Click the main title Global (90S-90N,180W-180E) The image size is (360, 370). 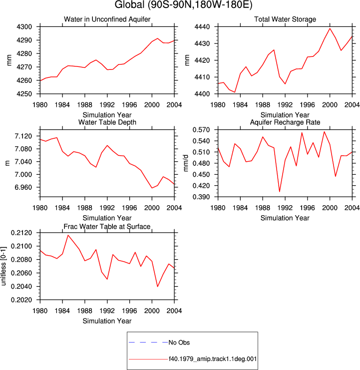tap(184, 4)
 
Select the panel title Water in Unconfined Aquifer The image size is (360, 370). tap(107, 19)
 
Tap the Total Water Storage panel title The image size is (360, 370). tap(285, 19)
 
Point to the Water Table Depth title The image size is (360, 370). tap(107, 122)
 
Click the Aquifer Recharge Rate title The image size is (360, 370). tap(285, 122)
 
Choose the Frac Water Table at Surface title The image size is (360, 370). tap(107, 227)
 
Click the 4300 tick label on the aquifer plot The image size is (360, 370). tap(24, 27)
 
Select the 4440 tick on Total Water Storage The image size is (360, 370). tap(202, 27)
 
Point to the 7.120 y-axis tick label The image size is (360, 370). tap(23, 136)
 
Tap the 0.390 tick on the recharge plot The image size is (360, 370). tap(201, 197)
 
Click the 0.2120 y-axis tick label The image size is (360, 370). tap(21, 233)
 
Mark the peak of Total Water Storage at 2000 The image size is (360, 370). tap(330, 28)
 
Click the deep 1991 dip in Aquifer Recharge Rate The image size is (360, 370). tap(280, 192)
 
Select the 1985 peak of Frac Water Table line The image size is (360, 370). tap(68, 235)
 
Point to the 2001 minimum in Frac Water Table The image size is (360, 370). tap(157, 287)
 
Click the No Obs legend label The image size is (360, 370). tap(179, 343)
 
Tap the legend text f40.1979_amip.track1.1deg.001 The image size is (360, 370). tap(213, 359)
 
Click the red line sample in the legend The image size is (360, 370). tap(148, 360)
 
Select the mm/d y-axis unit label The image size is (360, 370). tap(186, 163)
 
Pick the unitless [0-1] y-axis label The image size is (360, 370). tap(3, 266)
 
